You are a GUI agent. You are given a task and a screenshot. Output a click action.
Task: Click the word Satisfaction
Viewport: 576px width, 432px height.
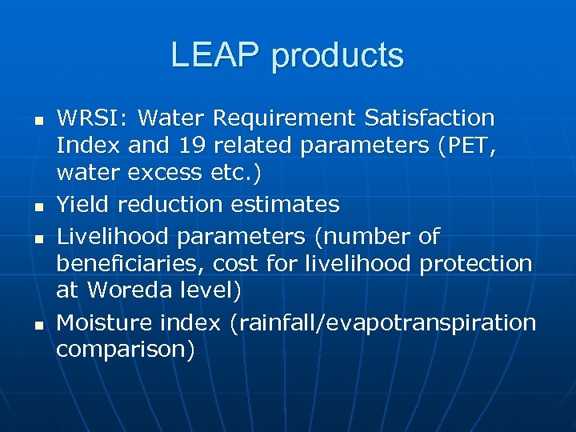click(429, 118)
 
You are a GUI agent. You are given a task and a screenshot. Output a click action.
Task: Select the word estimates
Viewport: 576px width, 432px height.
click(285, 205)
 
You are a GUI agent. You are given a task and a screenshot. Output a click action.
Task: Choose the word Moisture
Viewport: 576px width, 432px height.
click(104, 322)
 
